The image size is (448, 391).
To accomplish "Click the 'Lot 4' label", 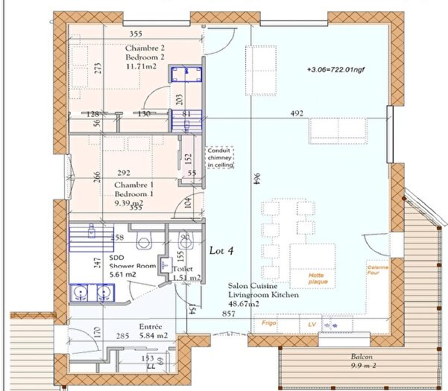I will [221, 251].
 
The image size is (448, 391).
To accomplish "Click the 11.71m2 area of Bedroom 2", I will [142, 67].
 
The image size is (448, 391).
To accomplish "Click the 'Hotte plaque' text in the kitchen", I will [319, 279].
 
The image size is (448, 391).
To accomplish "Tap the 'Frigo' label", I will [268, 324].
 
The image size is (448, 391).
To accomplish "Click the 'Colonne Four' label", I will [376, 270].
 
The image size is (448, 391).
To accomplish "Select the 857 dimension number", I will [230, 315].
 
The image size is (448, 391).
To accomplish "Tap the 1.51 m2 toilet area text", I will [186, 278].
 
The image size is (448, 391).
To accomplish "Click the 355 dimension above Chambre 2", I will [135, 34].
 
